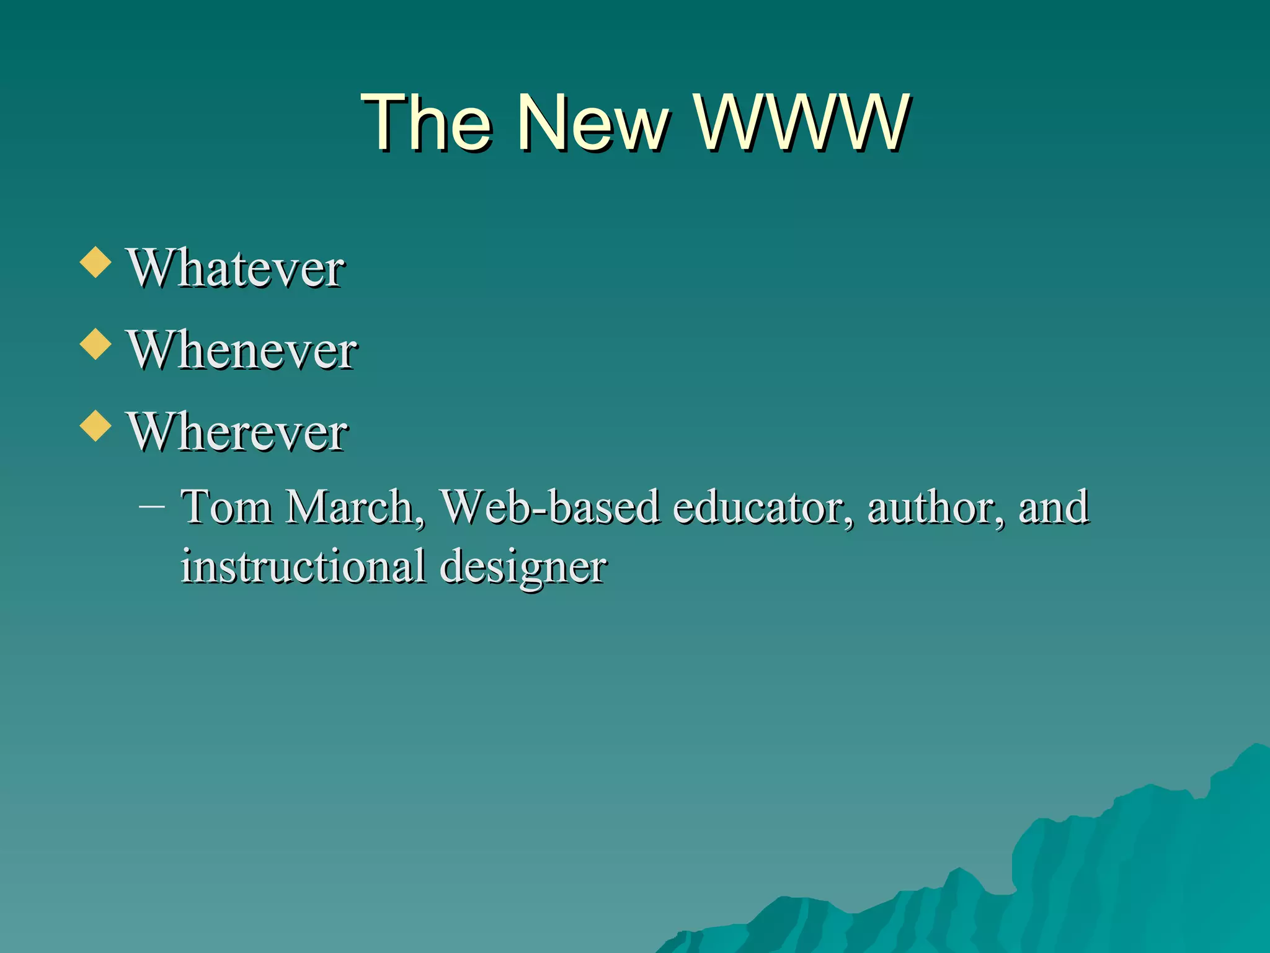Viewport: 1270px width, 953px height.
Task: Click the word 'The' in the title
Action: tap(427, 122)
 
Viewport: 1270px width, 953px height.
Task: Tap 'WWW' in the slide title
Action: tap(802, 122)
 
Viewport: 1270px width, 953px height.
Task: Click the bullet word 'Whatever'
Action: tap(236, 268)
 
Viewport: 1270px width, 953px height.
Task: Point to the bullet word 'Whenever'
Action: tap(242, 351)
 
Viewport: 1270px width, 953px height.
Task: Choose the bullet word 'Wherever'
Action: tap(237, 432)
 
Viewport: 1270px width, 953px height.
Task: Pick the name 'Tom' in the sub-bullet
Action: tap(226, 508)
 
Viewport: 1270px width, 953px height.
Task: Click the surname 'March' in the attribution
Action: tap(350, 508)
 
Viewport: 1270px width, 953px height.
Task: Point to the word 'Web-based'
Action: tap(549, 508)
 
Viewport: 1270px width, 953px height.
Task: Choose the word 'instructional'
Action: tap(303, 566)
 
